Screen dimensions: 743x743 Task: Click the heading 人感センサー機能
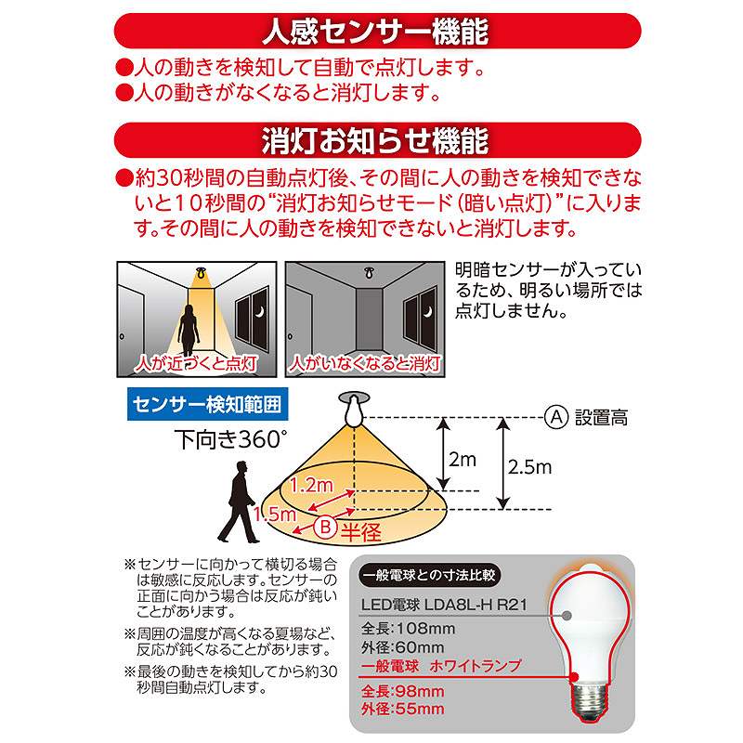pyautogui.click(x=375, y=33)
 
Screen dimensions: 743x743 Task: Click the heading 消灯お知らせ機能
pyautogui.click(x=375, y=142)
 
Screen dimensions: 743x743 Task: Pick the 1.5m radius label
pyautogui.click(x=279, y=514)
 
